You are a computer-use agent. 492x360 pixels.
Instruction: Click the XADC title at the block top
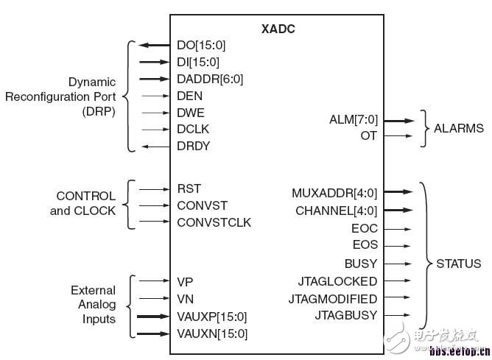coord(278,29)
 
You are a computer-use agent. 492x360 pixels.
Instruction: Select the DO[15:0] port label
coord(198,46)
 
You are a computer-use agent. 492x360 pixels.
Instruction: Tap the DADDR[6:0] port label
coord(210,79)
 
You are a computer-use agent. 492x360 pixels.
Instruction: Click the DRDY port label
coord(194,146)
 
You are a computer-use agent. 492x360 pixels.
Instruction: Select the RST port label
coord(189,188)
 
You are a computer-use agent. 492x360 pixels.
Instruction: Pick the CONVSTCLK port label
coord(214,222)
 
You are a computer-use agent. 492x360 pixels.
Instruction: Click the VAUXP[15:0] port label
coord(212,317)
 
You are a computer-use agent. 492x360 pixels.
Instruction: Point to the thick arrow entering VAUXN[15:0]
coord(154,333)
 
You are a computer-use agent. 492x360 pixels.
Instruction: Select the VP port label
coord(185,281)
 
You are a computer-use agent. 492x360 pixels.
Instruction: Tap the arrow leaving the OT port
coord(398,136)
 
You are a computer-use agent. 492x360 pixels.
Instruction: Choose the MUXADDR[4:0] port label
coord(334,193)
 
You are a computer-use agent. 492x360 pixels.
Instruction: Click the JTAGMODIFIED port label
coord(333,299)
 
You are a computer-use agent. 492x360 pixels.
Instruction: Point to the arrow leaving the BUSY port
coord(398,263)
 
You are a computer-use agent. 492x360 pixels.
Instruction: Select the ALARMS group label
coord(458,128)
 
